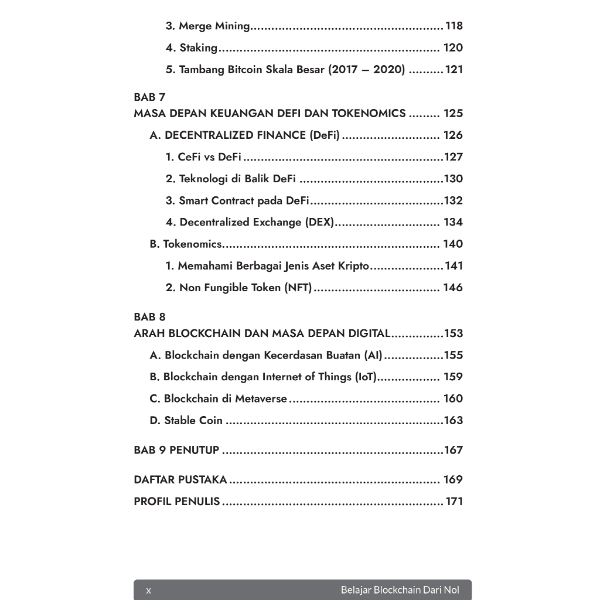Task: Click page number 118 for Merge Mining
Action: click(x=454, y=26)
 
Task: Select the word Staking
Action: click(x=198, y=48)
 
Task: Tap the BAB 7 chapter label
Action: click(x=149, y=97)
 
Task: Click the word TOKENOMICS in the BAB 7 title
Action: click(x=369, y=114)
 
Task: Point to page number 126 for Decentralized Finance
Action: click(x=453, y=135)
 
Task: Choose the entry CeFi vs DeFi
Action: click(x=209, y=157)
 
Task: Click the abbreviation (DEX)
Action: click(x=319, y=222)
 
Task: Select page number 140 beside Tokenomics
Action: click(x=453, y=244)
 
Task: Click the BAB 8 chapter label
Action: click(x=149, y=317)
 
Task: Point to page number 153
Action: click(x=454, y=333)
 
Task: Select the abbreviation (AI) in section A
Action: click(x=373, y=355)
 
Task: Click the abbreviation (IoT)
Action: click(x=366, y=377)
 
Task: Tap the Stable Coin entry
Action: click(x=193, y=421)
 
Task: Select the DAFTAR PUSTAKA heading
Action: click(x=180, y=480)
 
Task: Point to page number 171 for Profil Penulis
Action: click(x=454, y=502)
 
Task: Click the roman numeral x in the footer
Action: click(x=148, y=590)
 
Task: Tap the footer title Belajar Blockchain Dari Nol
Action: click(x=400, y=590)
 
